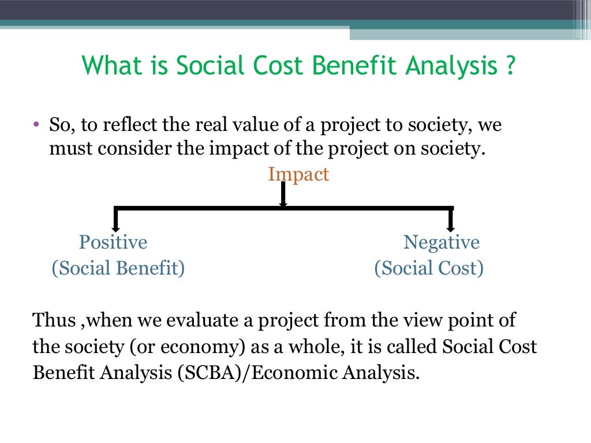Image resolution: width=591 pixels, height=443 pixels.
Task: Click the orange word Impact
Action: tap(298, 174)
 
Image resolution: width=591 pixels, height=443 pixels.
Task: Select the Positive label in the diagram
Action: tap(113, 242)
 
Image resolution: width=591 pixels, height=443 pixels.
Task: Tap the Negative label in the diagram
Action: tap(442, 242)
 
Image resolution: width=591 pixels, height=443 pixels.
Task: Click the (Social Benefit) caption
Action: tap(118, 268)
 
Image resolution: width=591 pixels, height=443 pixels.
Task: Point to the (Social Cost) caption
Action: tap(429, 268)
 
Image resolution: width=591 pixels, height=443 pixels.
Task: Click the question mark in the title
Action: tap(509, 66)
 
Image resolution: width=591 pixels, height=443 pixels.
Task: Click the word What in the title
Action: tap(108, 66)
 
